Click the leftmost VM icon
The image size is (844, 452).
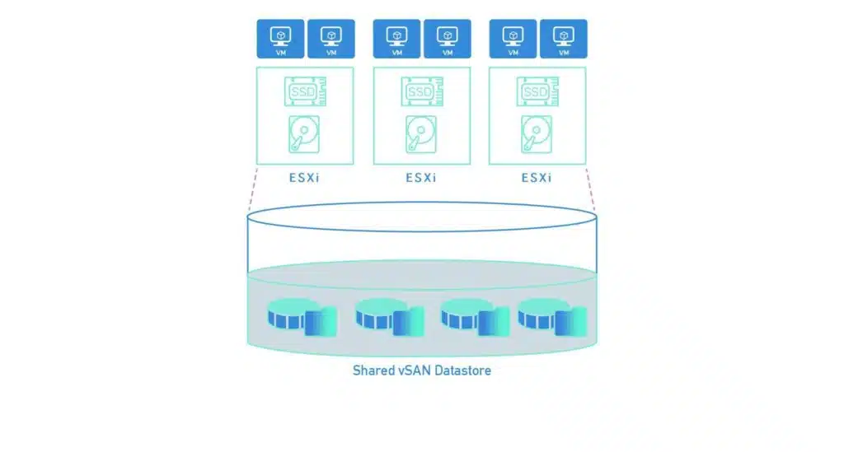280,39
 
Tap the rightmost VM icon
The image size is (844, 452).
563,39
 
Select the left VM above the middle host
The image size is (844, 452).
397,39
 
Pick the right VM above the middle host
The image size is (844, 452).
448,39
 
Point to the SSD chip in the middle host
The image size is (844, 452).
421,91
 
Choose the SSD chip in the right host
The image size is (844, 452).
537,91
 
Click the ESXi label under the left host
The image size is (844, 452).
304,177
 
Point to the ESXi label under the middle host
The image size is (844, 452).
421,177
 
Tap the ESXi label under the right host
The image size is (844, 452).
537,177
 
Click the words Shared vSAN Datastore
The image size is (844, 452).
421,370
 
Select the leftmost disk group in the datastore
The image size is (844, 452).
302,317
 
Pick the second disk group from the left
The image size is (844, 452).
387,317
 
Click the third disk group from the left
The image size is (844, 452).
472,317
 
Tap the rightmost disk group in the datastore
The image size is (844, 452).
551,317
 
